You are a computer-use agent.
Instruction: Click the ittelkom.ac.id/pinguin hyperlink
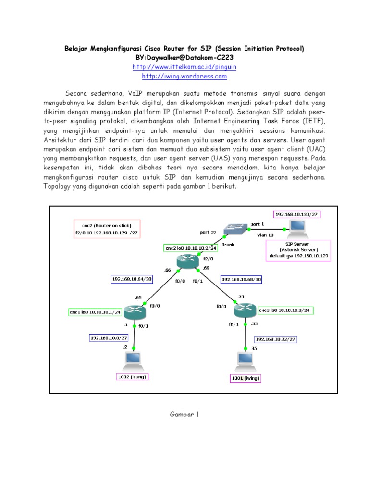click(x=184, y=67)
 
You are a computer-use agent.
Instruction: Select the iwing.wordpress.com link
click(x=184, y=76)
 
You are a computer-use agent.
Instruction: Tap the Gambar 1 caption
click(x=184, y=414)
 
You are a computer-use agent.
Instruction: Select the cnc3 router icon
click(x=245, y=310)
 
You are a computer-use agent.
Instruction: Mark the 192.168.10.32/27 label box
click(x=275, y=339)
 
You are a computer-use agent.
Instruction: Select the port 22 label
click(x=209, y=232)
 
